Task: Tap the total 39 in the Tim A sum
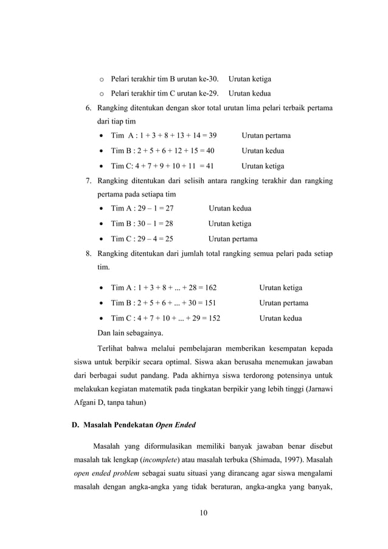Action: [212, 135]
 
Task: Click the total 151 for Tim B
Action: [208, 303]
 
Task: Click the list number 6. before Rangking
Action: [88, 109]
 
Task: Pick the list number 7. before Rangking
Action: [88, 181]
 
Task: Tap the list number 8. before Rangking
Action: [88, 254]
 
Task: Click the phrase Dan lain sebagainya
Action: [131, 333]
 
